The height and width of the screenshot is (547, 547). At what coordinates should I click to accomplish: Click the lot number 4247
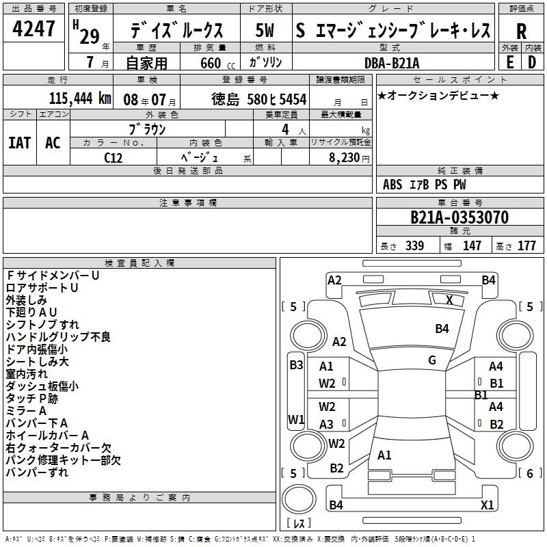[x=34, y=29]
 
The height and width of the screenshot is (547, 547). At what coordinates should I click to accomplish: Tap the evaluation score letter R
[x=521, y=31]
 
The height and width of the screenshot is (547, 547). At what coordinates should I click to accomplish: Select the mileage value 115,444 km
[x=79, y=98]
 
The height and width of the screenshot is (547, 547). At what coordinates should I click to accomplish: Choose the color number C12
[x=114, y=157]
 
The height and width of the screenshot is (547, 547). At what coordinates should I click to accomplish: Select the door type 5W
[x=265, y=31]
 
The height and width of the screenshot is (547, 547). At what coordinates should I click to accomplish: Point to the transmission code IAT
[x=19, y=142]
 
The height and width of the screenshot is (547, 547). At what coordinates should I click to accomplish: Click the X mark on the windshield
[x=449, y=299]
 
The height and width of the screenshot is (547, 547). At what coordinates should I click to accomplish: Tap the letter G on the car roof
[x=432, y=360]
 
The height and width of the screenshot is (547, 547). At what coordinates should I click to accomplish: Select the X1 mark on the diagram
[x=487, y=505]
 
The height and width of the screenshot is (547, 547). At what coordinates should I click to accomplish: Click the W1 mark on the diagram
[x=296, y=418]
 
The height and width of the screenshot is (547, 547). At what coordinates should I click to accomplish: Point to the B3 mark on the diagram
[x=296, y=364]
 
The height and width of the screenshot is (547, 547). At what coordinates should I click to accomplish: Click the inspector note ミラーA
[x=26, y=410]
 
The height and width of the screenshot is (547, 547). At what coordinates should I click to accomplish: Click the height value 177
[x=526, y=245]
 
